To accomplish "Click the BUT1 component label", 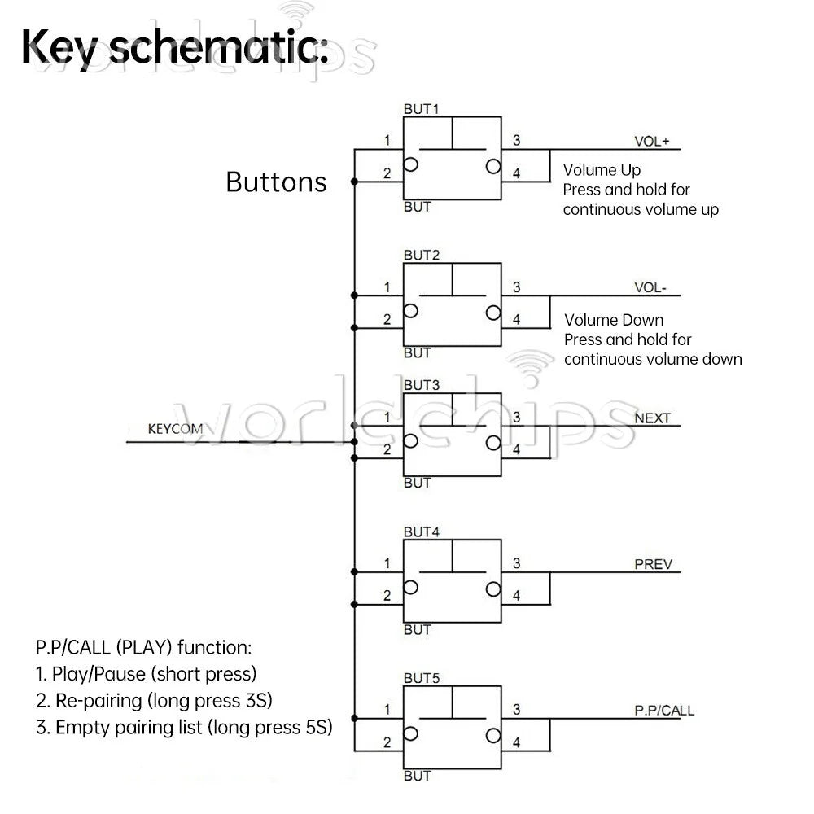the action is (x=421, y=109).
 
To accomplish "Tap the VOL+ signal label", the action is (x=651, y=141).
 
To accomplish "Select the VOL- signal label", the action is (x=650, y=287).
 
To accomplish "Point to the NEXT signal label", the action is (x=653, y=418).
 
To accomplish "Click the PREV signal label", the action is (x=653, y=564).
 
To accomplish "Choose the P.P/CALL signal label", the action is (x=664, y=711).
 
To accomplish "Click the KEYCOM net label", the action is (x=175, y=429).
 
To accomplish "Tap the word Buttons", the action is (x=276, y=182).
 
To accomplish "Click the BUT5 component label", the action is (x=421, y=679).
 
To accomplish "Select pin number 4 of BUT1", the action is (x=516, y=173).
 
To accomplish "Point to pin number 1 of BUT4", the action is (x=387, y=563).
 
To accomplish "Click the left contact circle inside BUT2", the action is (x=410, y=311).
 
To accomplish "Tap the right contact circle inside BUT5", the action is (x=493, y=736).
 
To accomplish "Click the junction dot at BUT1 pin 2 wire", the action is (x=354, y=182).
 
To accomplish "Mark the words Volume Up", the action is (x=602, y=170).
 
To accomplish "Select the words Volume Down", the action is (x=614, y=320).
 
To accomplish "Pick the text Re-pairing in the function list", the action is (x=98, y=701).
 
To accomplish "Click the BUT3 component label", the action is (x=421, y=385).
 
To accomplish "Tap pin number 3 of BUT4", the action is (x=516, y=563).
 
